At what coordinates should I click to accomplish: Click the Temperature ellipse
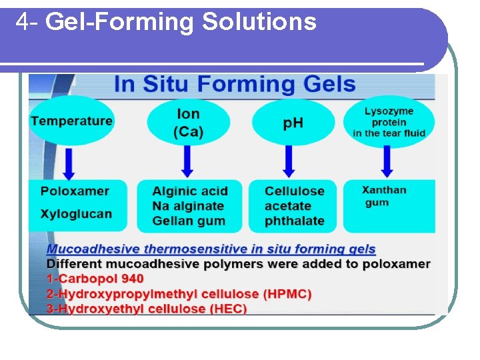(x=71, y=121)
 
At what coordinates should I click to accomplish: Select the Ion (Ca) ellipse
(x=188, y=123)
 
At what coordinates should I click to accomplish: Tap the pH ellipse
(x=293, y=123)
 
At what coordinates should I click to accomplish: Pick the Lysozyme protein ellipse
(x=389, y=122)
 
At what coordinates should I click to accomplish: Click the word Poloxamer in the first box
(x=75, y=191)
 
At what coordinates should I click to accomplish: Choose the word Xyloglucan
(x=76, y=214)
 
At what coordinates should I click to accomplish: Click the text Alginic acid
(x=190, y=191)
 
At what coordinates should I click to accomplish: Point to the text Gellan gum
(x=189, y=221)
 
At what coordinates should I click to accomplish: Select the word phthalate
(x=294, y=221)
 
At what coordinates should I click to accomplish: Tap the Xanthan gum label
(x=384, y=196)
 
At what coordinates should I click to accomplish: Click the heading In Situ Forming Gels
(x=235, y=85)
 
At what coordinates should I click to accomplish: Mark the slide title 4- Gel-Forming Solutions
(x=166, y=22)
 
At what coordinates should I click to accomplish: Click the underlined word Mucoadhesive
(x=93, y=249)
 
